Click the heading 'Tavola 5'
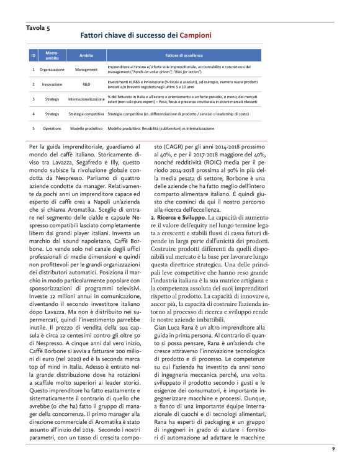pos(38,27)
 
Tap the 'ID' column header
pos(33,55)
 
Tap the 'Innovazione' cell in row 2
pos(52,83)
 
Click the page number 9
pos(333,447)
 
